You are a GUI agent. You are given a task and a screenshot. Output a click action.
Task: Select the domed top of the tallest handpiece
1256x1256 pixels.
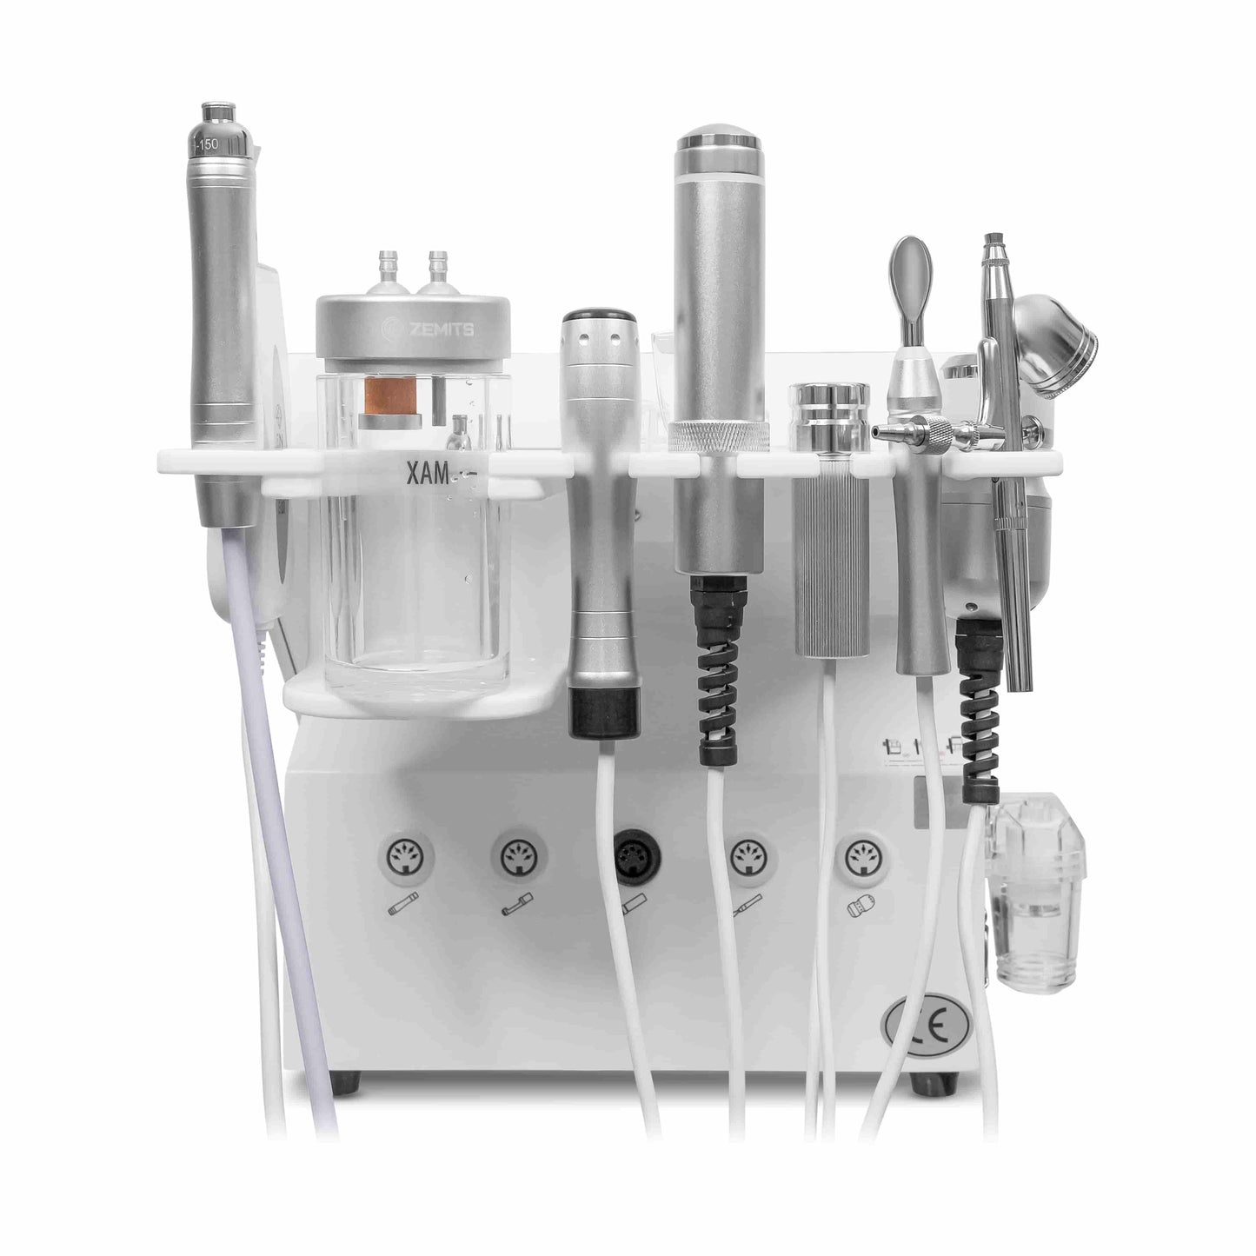click(x=720, y=143)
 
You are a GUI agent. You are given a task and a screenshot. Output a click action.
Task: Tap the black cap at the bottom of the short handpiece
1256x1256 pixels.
click(x=603, y=711)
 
